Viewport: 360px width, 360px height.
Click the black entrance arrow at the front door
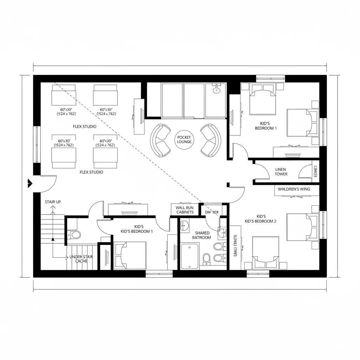tap(30, 183)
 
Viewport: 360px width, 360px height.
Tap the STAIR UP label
tap(53, 202)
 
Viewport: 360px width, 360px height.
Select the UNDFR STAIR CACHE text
tap(81, 259)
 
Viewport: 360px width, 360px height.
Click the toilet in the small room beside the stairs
tap(75, 234)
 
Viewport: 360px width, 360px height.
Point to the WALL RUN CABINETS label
tap(185, 210)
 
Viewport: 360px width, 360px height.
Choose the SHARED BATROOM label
tap(201, 235)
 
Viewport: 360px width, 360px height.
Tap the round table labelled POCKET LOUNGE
tap(185, 140)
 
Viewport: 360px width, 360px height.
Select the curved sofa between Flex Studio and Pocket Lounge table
tap(160, 140)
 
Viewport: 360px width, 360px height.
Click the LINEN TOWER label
tap(281, 172)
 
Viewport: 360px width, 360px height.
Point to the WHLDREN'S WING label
tap(294, 189)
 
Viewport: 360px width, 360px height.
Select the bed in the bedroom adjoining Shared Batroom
tap(130, 255)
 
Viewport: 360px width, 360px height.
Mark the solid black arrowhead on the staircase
tap(53, 239)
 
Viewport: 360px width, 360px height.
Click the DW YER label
tap(212, 212)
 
